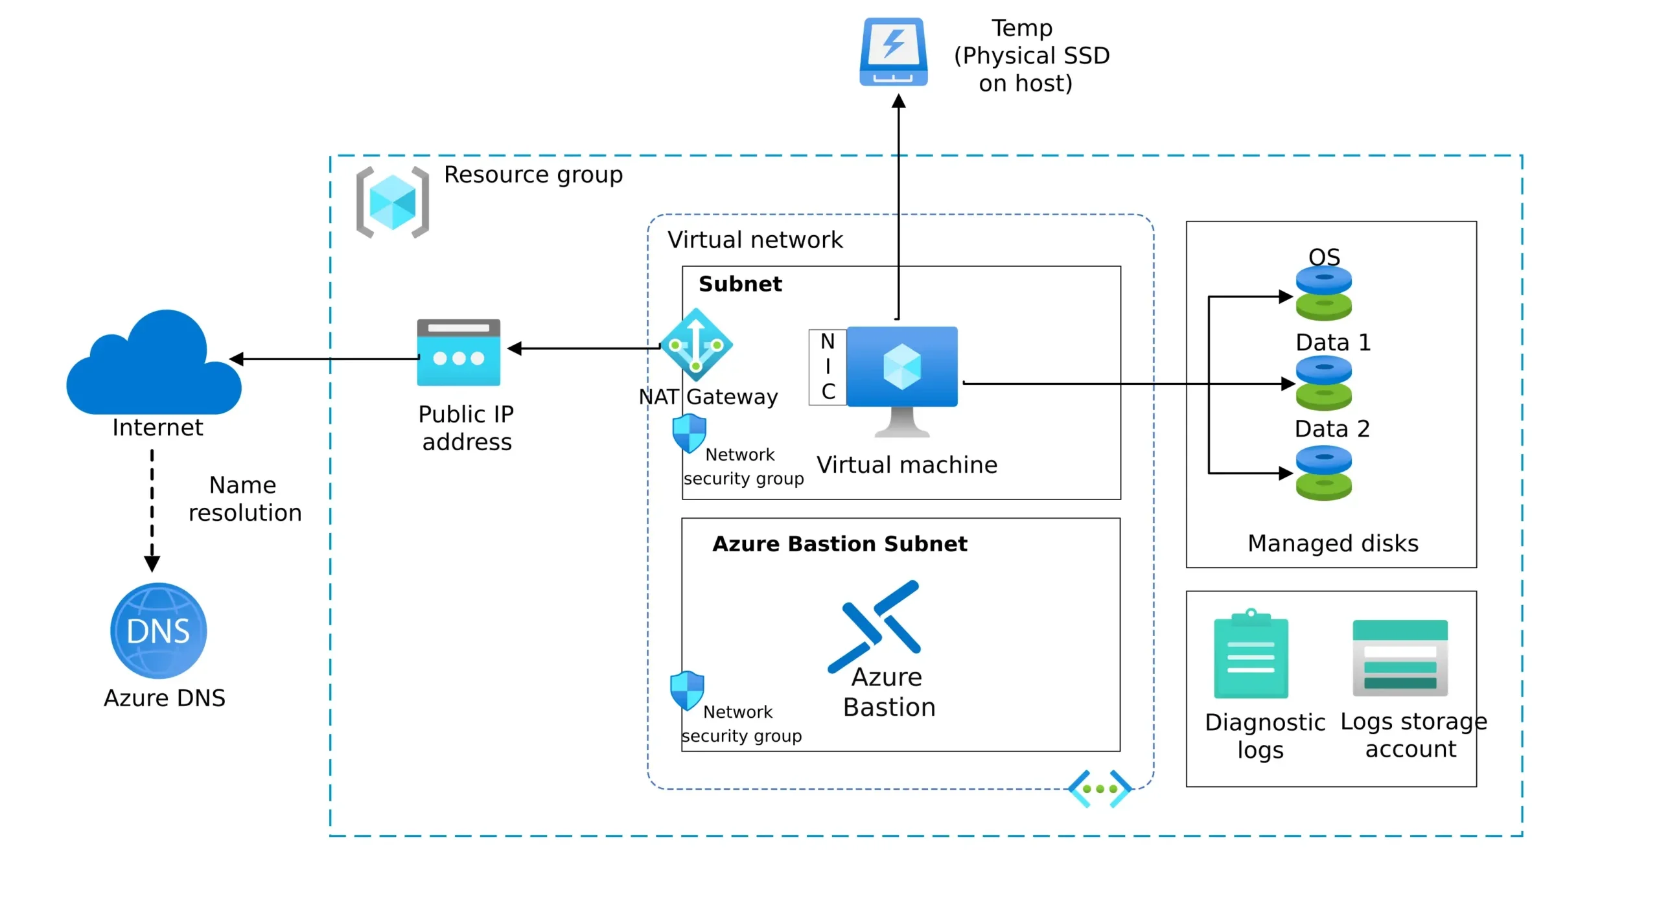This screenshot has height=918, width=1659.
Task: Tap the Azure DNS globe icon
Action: coord(158,630)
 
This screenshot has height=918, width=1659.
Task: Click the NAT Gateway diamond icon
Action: coord(696,345)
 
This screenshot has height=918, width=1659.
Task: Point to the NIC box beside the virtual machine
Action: coord(828,367)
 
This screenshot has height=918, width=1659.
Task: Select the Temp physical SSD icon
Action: coord(893,52)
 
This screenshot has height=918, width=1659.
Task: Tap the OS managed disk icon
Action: coord(1323,293)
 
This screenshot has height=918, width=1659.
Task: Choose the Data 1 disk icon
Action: coord(1323,383)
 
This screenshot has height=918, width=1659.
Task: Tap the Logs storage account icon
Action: coord(1399,657)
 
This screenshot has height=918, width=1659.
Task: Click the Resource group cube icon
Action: coord(393,203)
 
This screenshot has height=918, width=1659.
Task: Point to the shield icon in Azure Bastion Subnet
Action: coord(687,690)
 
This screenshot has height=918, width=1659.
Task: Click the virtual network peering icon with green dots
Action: coord(1100,788)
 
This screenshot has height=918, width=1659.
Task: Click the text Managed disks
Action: coord(1332,543)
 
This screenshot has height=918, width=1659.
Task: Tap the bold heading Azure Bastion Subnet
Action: coord(839,544)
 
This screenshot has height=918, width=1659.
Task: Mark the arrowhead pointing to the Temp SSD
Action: coord(898,101)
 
